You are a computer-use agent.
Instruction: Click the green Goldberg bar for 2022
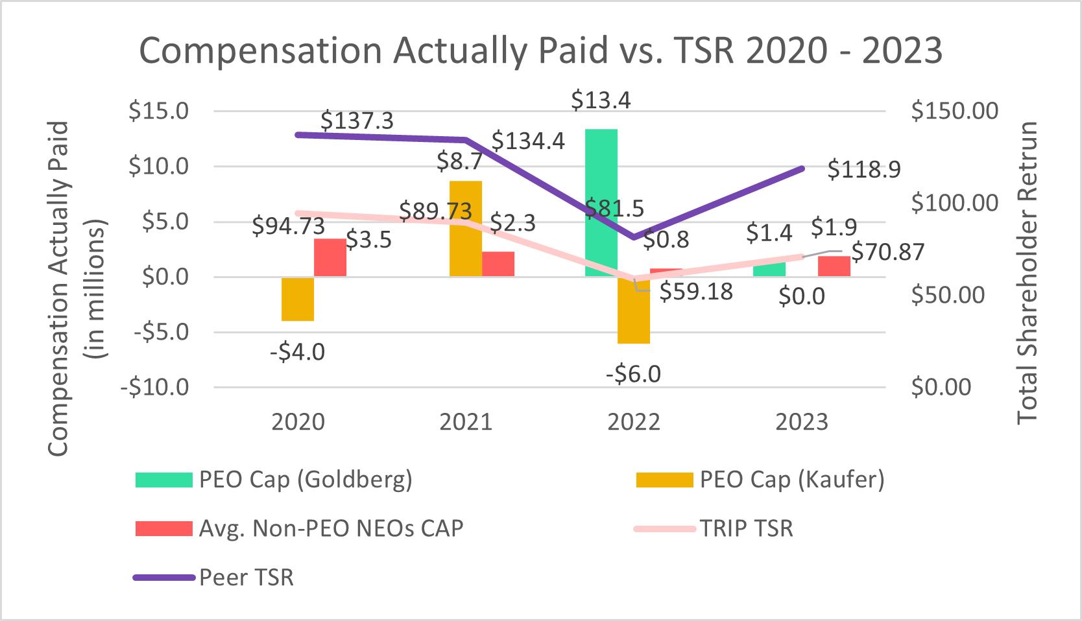point(601,202)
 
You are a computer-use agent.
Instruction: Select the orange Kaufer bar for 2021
point(466,228)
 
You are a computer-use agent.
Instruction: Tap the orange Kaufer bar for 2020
point(298,299)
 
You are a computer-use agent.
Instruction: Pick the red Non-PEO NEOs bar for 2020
point(330,257)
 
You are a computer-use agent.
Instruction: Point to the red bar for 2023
point(834,266)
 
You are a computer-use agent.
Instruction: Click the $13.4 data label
point(601,100)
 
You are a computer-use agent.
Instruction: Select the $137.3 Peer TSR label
point(357,121)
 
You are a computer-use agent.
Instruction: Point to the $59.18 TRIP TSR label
point(696,292)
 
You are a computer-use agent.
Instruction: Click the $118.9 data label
point(865,170)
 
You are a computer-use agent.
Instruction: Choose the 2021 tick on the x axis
point(466,422)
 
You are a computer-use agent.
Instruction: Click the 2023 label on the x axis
point(802,422)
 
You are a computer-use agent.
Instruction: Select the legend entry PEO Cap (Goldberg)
point(305,480)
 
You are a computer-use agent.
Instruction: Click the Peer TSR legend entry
point(246,577)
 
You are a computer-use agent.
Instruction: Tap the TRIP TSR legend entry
point(746,528)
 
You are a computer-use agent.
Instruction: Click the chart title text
point(540,51)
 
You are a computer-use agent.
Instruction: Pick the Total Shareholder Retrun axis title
point(1028,272)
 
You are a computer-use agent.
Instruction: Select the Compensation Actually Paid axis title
point(58,288)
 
